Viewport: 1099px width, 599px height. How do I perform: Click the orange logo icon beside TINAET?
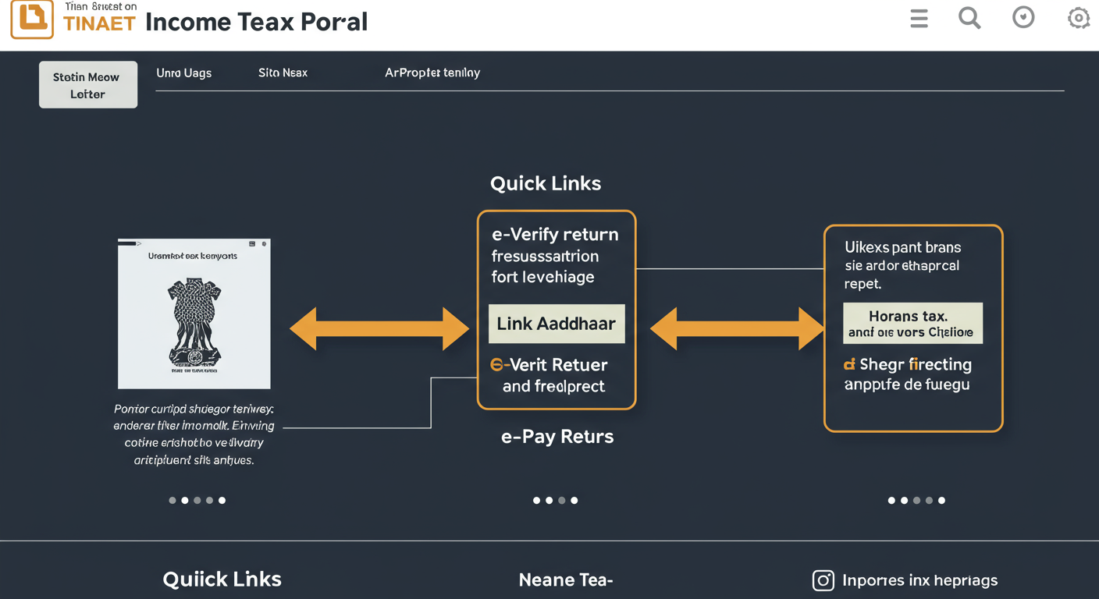[x=32, y=19]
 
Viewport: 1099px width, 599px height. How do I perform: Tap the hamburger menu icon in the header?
[x=919, y=18]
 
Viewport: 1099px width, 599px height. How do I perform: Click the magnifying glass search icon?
[x=969, y=17]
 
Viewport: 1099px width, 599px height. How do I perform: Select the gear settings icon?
[x=1078, y=18]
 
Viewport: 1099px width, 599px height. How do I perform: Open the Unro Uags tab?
[x=183, y=73]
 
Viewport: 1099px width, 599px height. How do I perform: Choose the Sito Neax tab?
[x=283, y=73]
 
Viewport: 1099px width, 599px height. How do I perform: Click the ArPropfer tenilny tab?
[x=432, y=73]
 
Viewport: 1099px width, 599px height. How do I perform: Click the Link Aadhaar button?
[x=557, y=324]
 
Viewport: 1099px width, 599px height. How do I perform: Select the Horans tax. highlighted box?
[x=912, y=324]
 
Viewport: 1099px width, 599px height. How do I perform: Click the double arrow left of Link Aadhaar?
[x=379, y=328]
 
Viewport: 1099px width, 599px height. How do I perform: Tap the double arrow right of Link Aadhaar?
[x=737, y=328]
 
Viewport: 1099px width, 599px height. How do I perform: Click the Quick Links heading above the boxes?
[x=546, y=183]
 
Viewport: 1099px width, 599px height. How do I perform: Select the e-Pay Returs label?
[x=557, y=437]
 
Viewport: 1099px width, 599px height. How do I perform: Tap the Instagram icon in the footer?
[x=823, y=580]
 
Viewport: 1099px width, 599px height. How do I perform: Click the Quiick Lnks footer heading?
[x=222, y=579]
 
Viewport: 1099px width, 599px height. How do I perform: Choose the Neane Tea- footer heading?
[x=566, y=580]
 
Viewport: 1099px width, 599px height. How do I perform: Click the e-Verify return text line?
[x=555, y=234]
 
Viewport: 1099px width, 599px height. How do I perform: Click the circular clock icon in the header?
[x=1023, y=17]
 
